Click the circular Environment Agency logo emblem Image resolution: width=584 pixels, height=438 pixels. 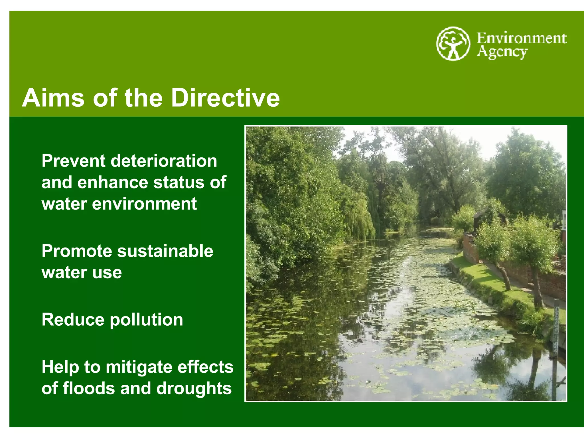(x=453, y=44)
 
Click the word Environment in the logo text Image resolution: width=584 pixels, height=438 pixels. (x=522, y=38)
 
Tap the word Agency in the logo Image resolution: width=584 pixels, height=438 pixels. (x=502, y=52)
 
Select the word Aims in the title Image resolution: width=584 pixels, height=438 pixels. (x=53, y=98)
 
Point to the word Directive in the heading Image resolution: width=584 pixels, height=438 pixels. (x=225, y=98)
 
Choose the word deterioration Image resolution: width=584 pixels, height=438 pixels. (x=164, y=161)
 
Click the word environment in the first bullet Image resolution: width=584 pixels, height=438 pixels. (x=144, y=204)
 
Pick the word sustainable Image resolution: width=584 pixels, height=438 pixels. (x=165, y=251)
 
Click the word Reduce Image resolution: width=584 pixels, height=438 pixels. (x=73, y=320)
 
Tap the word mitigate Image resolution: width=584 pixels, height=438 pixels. (x=135, y=367)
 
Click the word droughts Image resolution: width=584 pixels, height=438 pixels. (x=194, y=389)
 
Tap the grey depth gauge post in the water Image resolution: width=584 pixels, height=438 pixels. (x=555, y=342)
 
